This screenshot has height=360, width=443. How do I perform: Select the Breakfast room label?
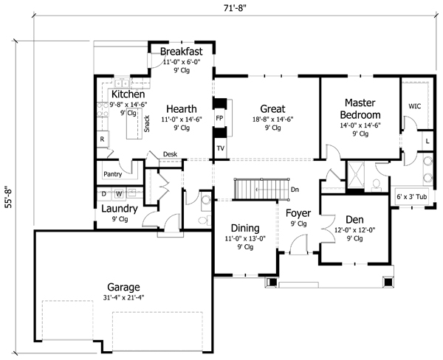181,53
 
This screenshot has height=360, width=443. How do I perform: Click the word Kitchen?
128,95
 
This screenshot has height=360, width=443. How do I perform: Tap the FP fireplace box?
219,118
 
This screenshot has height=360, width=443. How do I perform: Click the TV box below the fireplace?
220,148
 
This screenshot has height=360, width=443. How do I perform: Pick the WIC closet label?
414,106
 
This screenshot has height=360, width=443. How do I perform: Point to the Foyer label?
299,214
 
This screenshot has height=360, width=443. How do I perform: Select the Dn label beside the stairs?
295,190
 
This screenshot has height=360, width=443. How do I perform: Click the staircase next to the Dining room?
260,188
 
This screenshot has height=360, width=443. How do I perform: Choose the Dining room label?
244,228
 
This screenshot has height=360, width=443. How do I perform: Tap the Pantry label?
112,175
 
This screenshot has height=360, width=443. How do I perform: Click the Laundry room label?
120,209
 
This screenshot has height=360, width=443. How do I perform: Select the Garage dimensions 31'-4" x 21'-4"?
123,297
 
